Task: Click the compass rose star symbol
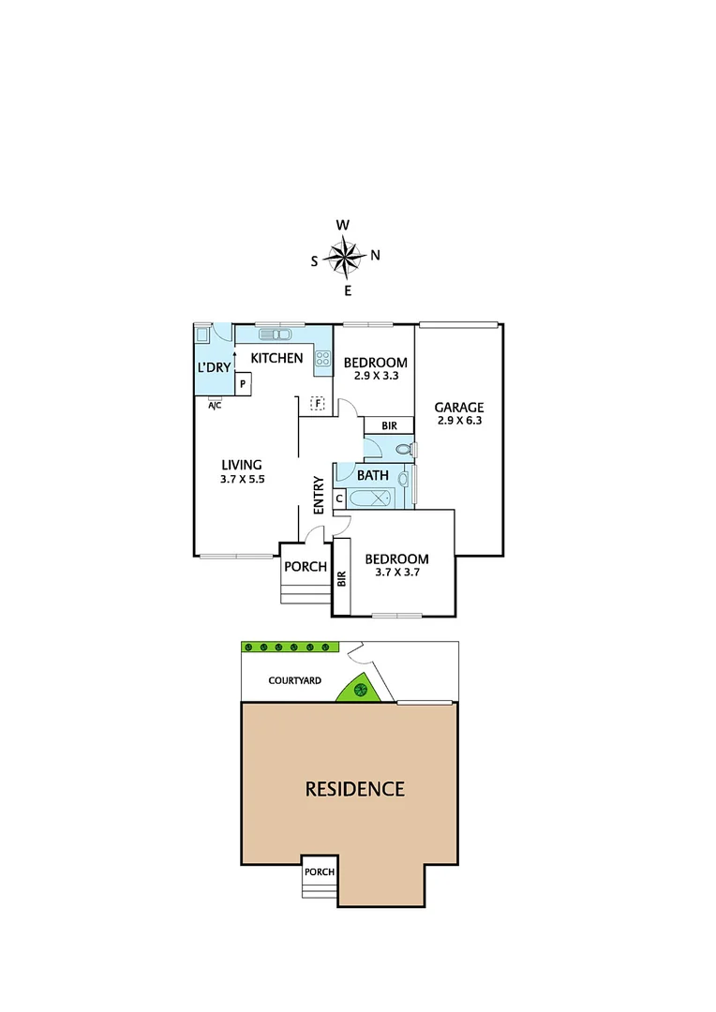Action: point(346,257)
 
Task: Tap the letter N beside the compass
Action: point(376,255)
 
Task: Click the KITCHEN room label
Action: point(276,358)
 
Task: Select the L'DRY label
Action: point(213,367)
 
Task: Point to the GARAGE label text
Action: point(458,408)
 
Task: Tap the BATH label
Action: point(372,475)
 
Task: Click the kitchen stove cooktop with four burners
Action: point(322,358)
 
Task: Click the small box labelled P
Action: point(242,383)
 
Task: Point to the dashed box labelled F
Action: point(318,404)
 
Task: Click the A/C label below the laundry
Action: point(215,404)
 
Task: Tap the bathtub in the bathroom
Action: point(379,499)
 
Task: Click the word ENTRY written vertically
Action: point(319,495)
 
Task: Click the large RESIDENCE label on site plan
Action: point(355,789)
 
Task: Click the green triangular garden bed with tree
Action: point(359,691)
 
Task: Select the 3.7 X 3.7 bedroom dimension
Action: point(396,574)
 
